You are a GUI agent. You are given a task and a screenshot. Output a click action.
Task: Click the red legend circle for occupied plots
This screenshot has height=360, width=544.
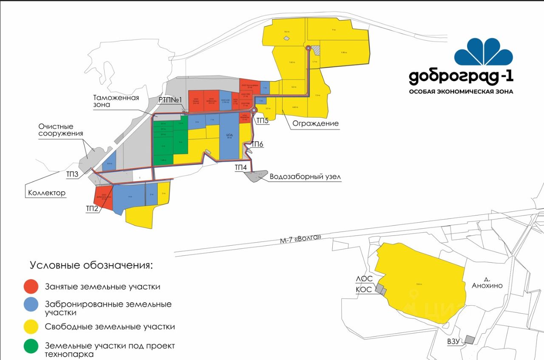[31, 286]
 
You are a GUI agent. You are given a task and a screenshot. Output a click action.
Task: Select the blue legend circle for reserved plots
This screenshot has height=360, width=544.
[31, 304]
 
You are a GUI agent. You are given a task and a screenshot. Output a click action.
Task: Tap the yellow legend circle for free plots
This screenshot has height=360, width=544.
[31, 327]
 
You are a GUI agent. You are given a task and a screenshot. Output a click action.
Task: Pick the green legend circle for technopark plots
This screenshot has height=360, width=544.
[31, 346]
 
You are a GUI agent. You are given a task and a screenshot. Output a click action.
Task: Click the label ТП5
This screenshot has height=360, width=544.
[262, 120]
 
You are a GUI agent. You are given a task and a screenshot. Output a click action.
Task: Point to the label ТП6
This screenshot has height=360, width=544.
[257, 145]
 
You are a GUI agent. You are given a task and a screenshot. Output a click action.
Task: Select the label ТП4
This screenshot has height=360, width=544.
[241, 167]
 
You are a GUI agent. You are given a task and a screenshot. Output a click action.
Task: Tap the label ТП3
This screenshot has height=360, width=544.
[72, 174]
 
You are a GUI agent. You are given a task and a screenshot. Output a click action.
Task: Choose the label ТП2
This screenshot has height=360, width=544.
[92, 208]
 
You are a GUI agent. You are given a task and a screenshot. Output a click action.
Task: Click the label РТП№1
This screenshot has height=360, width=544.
[170, 100]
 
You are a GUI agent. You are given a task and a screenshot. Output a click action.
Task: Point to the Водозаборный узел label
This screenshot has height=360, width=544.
[305, 177]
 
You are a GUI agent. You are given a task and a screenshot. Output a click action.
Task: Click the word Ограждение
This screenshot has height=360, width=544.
[315, 123]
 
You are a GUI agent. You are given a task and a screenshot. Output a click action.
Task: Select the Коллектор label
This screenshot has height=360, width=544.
[47, 193]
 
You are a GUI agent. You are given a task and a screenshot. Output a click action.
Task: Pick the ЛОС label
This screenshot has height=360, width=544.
[364, 279]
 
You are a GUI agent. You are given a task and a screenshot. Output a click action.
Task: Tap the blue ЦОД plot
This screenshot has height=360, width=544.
[229, 138]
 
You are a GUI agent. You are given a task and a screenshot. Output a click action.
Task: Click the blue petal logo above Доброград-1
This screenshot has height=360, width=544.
[483, 51]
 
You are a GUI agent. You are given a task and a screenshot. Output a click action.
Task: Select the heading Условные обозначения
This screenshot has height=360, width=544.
[91, 266]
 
